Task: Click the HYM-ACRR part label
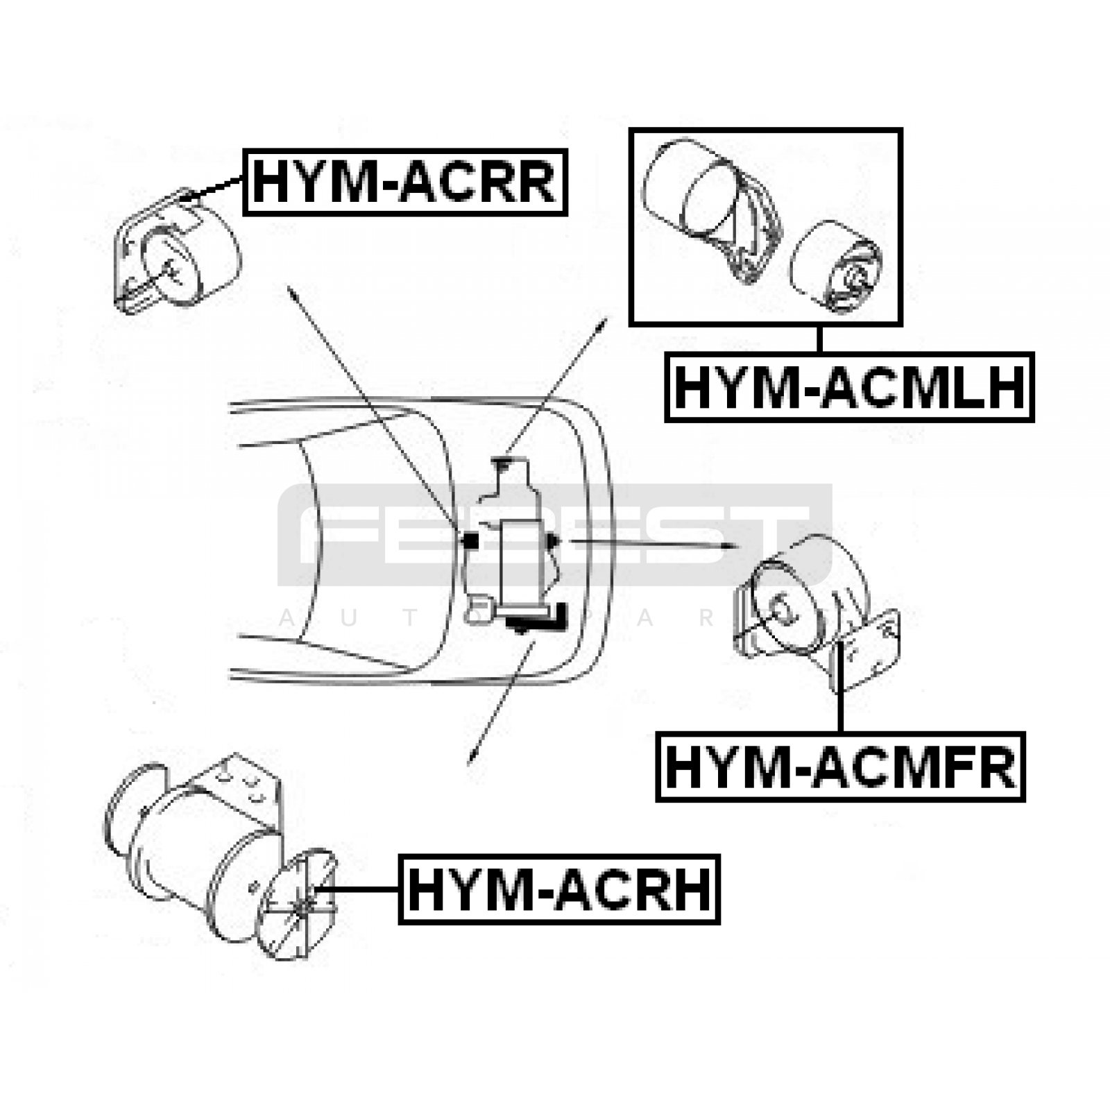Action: click(x=405, y=182)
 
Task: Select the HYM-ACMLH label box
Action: click(x=849, y=387)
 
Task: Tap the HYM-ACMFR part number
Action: click(x=840, y=767)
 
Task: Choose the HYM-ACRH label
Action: click(x=559, y=889)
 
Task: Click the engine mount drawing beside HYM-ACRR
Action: click(x=176, y=253)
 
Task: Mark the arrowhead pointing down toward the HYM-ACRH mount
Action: click(x=472, y=756)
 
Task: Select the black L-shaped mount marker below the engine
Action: click(x=538, y=618)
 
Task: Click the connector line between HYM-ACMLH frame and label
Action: click(x=819, y=339)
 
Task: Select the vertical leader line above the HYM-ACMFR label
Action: click(x=840, y=687)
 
